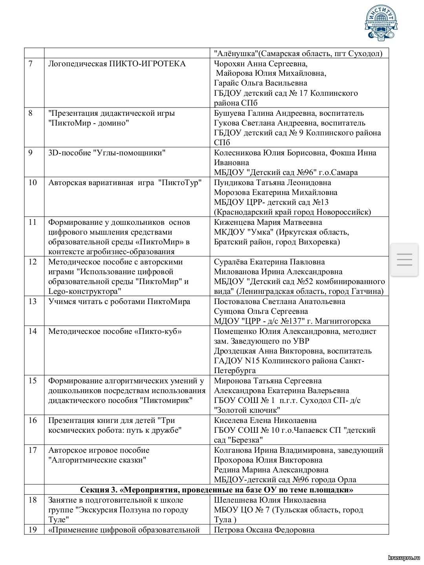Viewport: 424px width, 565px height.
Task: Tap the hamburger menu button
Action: click(404, 259)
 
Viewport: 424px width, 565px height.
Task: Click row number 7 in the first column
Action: click(31, 64)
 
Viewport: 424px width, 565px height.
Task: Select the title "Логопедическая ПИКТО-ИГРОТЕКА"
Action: click(117, 64)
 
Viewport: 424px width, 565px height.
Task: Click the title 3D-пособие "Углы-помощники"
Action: click(107, 153)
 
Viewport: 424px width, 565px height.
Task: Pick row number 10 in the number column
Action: click(33, 183)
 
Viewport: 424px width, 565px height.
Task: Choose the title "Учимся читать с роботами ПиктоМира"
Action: click(119, 302)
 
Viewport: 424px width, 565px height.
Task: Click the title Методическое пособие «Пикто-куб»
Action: click(115, 332)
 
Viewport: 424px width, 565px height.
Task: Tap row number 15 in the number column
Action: click(33, 381)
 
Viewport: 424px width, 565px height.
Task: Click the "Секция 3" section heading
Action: click(216, 490)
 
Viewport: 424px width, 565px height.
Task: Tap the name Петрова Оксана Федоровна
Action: click(264, 530)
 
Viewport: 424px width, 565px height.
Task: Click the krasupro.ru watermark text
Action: click(404, 557)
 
